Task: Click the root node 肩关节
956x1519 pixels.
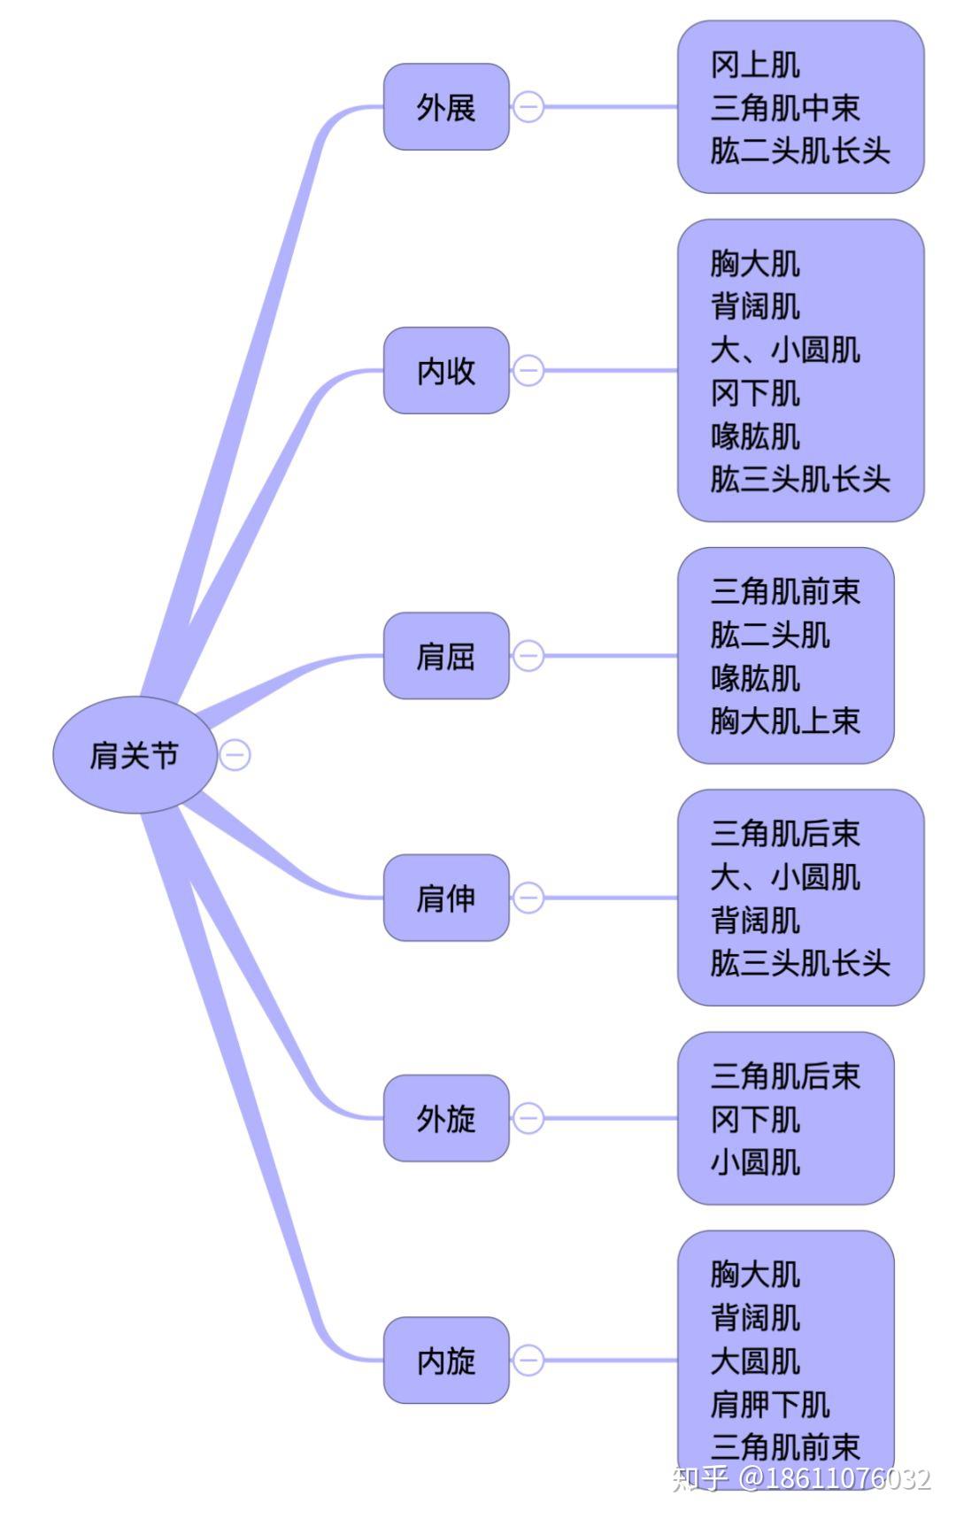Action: [135, 755]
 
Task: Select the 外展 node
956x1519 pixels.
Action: [446, 107]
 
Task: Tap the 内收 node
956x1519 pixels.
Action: [446, 370]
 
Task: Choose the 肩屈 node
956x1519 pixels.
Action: [446, 656]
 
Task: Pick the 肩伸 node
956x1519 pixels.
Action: [446, 898]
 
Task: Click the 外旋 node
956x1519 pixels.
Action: [446, 1118]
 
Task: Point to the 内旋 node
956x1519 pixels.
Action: [446, 1360]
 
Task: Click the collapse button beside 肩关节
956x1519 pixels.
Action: [235, 755]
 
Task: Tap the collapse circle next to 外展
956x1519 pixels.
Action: [528, 107]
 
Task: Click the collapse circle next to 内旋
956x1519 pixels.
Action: [528, 1360]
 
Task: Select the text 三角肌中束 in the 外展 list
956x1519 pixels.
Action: [784, 108]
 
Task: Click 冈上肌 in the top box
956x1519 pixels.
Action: [754, 65]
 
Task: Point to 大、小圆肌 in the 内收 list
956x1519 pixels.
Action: [784, 350]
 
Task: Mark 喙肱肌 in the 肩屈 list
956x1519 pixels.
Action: [754, 678]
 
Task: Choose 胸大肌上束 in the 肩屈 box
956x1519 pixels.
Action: [784, 721]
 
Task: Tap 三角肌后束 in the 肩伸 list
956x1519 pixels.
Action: [784, 833]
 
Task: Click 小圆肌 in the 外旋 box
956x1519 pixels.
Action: [754, 1161]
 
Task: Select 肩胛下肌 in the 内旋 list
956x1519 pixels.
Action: [769, 1404]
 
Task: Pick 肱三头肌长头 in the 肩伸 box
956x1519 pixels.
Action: [799, 963]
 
